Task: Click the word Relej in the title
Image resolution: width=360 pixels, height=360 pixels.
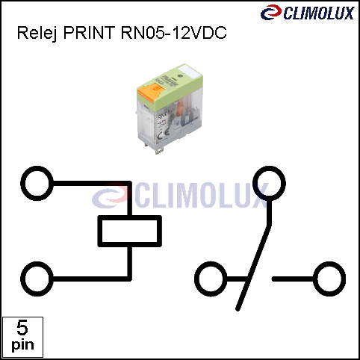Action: click(x=37, y=33)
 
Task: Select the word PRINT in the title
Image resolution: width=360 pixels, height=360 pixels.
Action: click(x=90, y=32)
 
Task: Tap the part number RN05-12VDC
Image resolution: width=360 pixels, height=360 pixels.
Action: click(x=174, y=32)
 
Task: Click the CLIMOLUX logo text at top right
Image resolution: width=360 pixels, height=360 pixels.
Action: click(x=319, y=13)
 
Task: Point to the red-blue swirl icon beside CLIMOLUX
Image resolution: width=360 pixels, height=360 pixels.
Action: click(x=271, y=12)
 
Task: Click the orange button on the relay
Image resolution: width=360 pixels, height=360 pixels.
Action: click(x=149, y=91)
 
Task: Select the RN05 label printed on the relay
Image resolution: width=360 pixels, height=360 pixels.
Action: click(x=164, y=116)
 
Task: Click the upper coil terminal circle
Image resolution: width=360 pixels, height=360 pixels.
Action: click(x=37, y=184)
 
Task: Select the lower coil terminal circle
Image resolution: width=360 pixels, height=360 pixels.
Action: click(x=37, y=279)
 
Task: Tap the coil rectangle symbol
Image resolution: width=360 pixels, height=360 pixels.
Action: click(x=130, y=231)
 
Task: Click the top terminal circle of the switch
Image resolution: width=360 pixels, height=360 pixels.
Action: click(x=269, y=184)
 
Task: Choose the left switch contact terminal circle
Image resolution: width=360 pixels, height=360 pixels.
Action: click(x=211, y=279)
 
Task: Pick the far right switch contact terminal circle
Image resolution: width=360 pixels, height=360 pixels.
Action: click(x=329, y=279)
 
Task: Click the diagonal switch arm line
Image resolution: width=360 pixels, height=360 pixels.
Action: click(x=253, y=268)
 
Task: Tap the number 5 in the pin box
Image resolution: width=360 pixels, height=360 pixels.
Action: click(x=22, y=328)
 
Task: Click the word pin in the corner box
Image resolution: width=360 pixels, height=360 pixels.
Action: click(x=22, y=345)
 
